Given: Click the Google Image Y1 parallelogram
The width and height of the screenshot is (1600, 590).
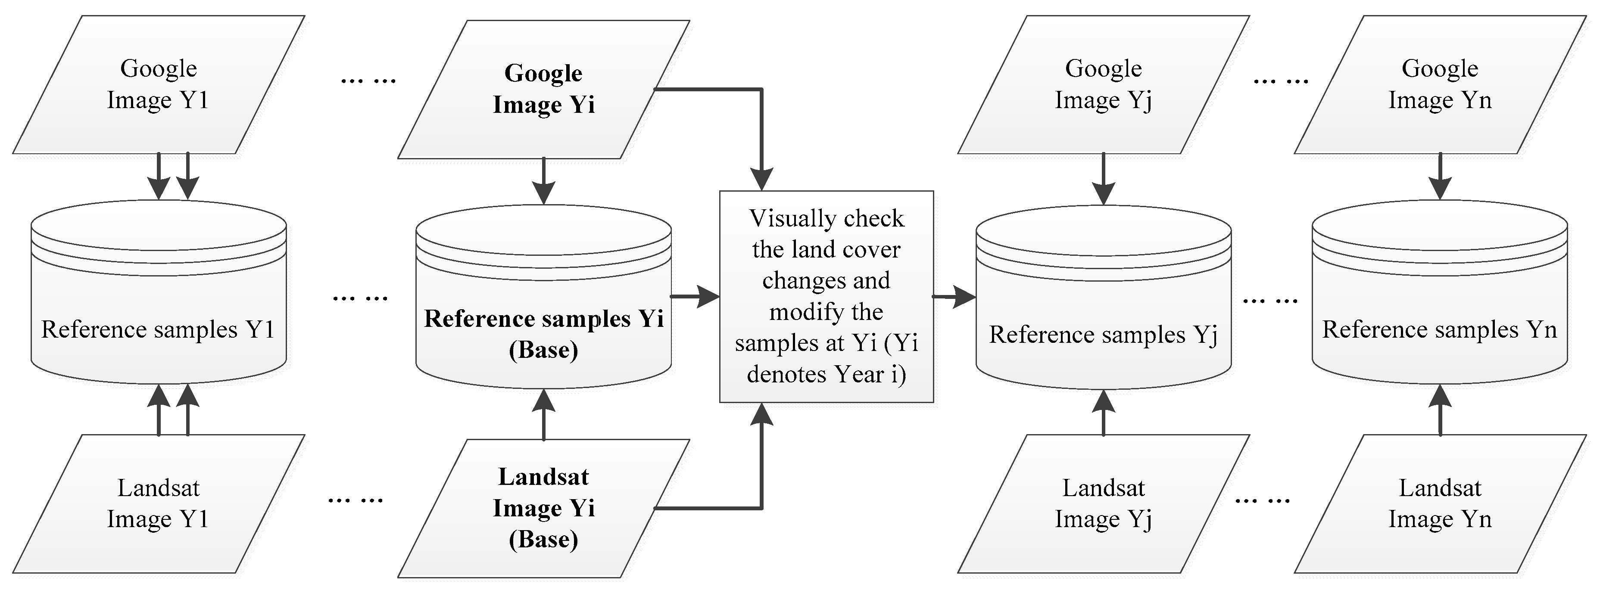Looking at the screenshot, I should (159, 84).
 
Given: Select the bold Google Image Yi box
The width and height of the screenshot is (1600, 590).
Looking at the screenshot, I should (543, 89).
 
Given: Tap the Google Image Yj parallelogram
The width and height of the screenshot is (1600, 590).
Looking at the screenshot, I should (1103, 84).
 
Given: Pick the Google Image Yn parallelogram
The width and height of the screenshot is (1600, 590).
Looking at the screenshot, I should (1440, 84).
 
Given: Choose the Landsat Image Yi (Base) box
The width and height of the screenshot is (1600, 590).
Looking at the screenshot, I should (543, 508).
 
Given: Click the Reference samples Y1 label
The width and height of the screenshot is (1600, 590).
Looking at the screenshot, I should (159, 329).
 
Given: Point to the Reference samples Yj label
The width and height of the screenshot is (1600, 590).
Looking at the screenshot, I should (1103, 334).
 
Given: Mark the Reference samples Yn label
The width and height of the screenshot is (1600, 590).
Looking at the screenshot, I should (1440, 329).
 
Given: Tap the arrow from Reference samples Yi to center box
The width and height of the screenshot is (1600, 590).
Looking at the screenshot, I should (694, 296).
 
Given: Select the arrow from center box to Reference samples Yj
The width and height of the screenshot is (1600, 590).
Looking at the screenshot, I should (954, 297).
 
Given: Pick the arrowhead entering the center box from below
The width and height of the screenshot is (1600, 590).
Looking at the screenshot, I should (761, 415).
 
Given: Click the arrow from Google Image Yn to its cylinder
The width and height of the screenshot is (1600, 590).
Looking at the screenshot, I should (1440, 177).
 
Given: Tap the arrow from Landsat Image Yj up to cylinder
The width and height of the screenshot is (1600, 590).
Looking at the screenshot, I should (1103, 413).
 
